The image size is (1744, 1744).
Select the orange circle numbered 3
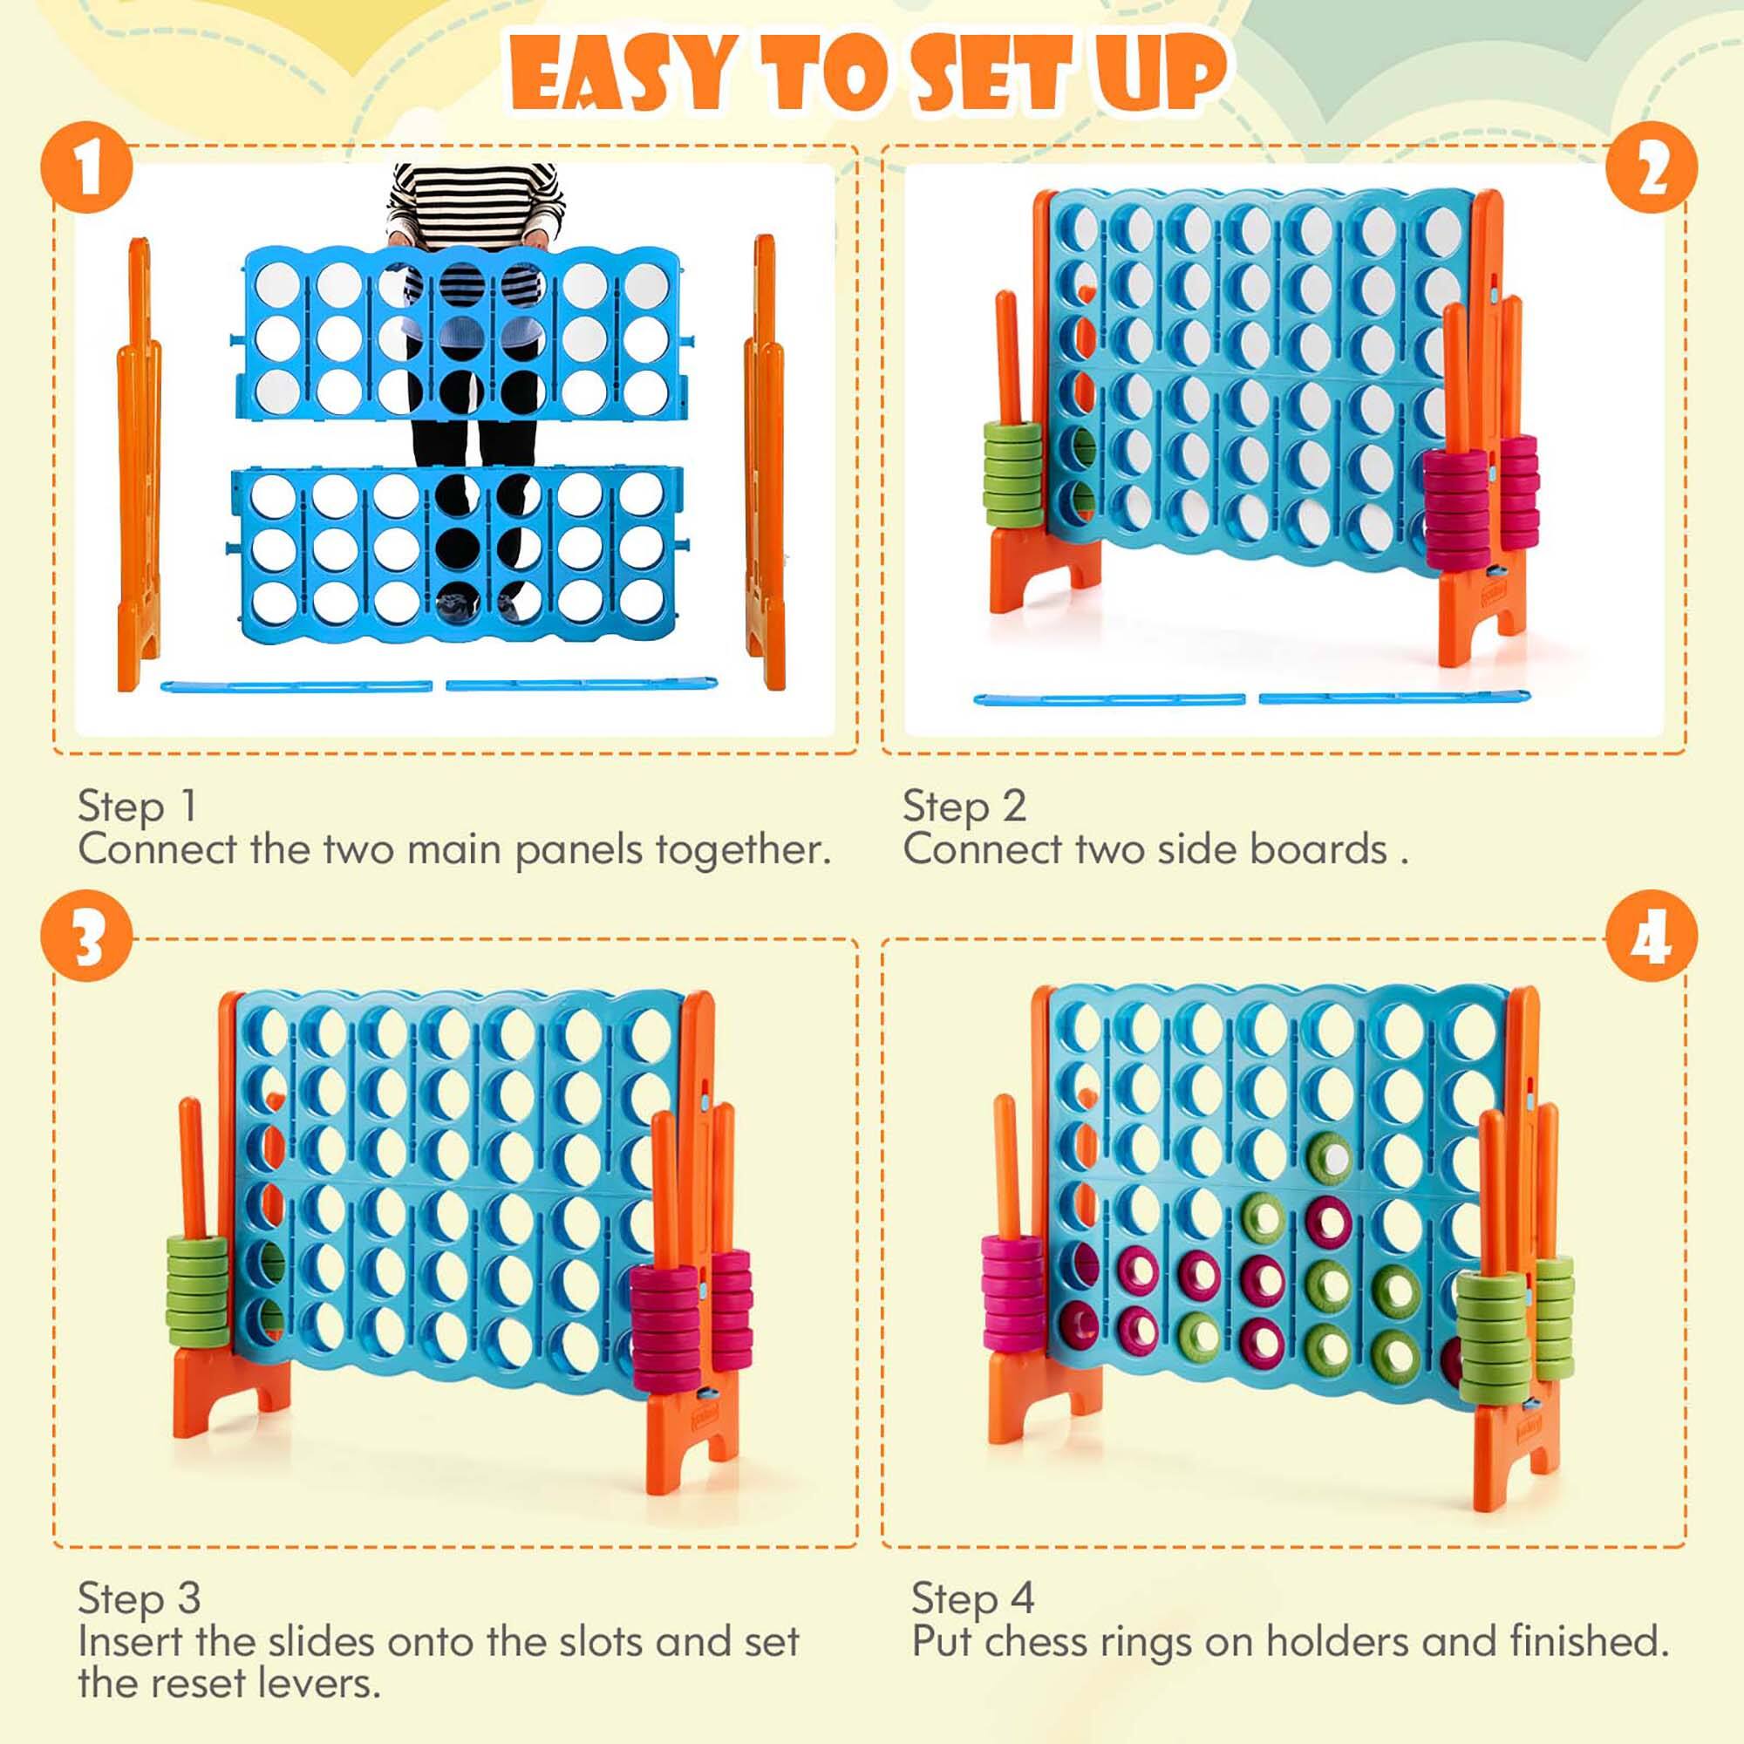point(86,937)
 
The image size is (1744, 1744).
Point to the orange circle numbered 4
point(1651,937)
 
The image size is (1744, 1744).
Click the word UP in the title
point(1160,74)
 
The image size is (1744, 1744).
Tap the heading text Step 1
point(137,806)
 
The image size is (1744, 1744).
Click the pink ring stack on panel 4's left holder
point(1011,1292)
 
